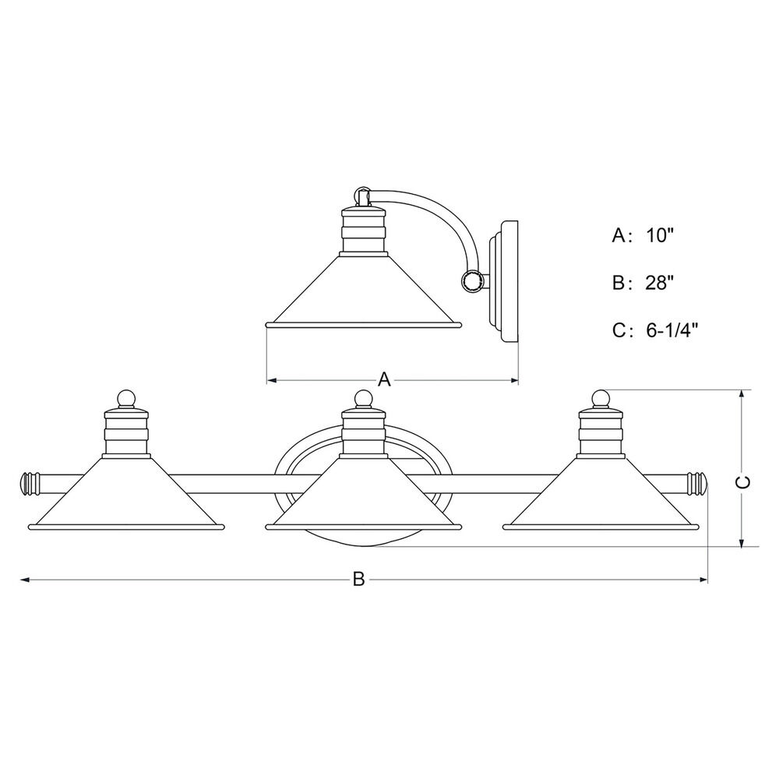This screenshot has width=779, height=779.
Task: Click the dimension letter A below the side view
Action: click(385, 379)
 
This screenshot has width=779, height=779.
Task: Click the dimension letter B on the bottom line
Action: click(358, 580)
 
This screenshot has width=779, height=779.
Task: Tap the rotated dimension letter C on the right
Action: click(742, 482)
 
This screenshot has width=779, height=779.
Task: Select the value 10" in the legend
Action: click(659, 235)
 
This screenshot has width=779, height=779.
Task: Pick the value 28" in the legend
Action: click(659, 284)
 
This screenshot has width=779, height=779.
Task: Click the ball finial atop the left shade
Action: click(126, 398)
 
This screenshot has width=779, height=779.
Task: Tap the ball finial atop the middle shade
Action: click(363, 398)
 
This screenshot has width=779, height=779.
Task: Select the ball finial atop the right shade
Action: click(601, 398)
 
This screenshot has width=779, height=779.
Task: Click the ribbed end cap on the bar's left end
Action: click(30, 483)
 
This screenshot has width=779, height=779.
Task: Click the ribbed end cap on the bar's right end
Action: click(696, 483)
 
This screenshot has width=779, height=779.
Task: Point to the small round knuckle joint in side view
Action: click(471, 280)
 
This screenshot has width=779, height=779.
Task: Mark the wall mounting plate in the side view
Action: click(504, 281)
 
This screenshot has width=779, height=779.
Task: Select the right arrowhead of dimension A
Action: click(515, 381)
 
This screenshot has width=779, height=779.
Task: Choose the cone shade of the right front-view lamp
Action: click(601, 493)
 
